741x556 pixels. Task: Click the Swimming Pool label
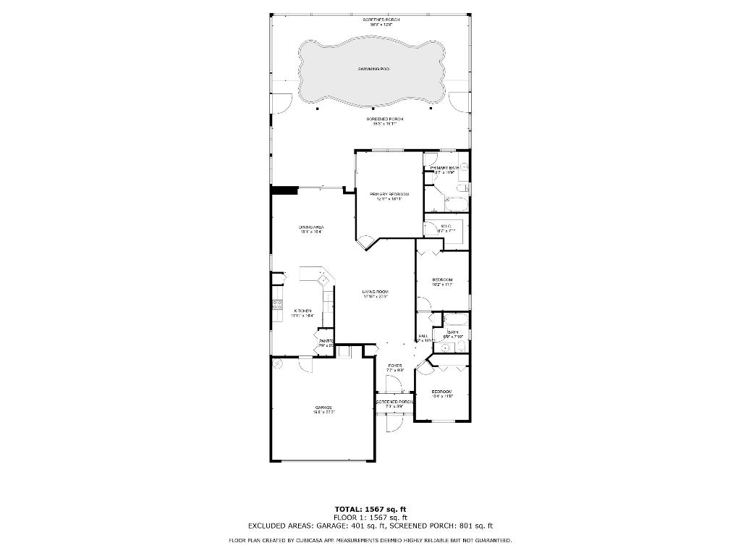(x=373, y=69)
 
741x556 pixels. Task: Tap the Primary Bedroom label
(x=389, y=194)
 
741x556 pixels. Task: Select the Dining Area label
(x=310, y=228)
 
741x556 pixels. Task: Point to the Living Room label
(x=376, y=292)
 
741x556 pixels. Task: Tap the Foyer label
(x=395, y=366)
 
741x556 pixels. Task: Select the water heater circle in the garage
(x=276, y=363)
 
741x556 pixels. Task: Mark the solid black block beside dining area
(x=284, y=190)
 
